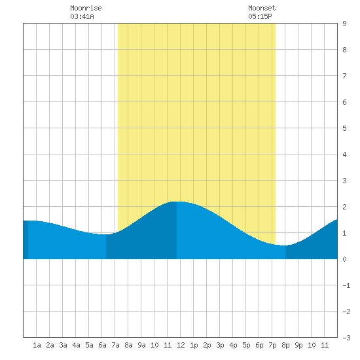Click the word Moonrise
pos(86,8)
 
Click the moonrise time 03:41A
pos(82,16)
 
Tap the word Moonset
pos(262,8)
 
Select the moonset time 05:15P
pos(260,16)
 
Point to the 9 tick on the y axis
pos(344,24)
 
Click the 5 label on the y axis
pos(344,128)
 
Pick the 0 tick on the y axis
pos(344,259)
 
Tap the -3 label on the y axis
pos(346,338)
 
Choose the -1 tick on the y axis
pos(346,285)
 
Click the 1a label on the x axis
pos(37,345)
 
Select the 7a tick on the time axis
pos(115,345)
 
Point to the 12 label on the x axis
pos(181,345)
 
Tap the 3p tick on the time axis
pos(220,345)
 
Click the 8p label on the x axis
pos(285,345)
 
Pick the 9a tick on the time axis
pos(141,345)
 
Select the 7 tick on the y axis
pos(344,76)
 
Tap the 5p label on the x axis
pos(246,345)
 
